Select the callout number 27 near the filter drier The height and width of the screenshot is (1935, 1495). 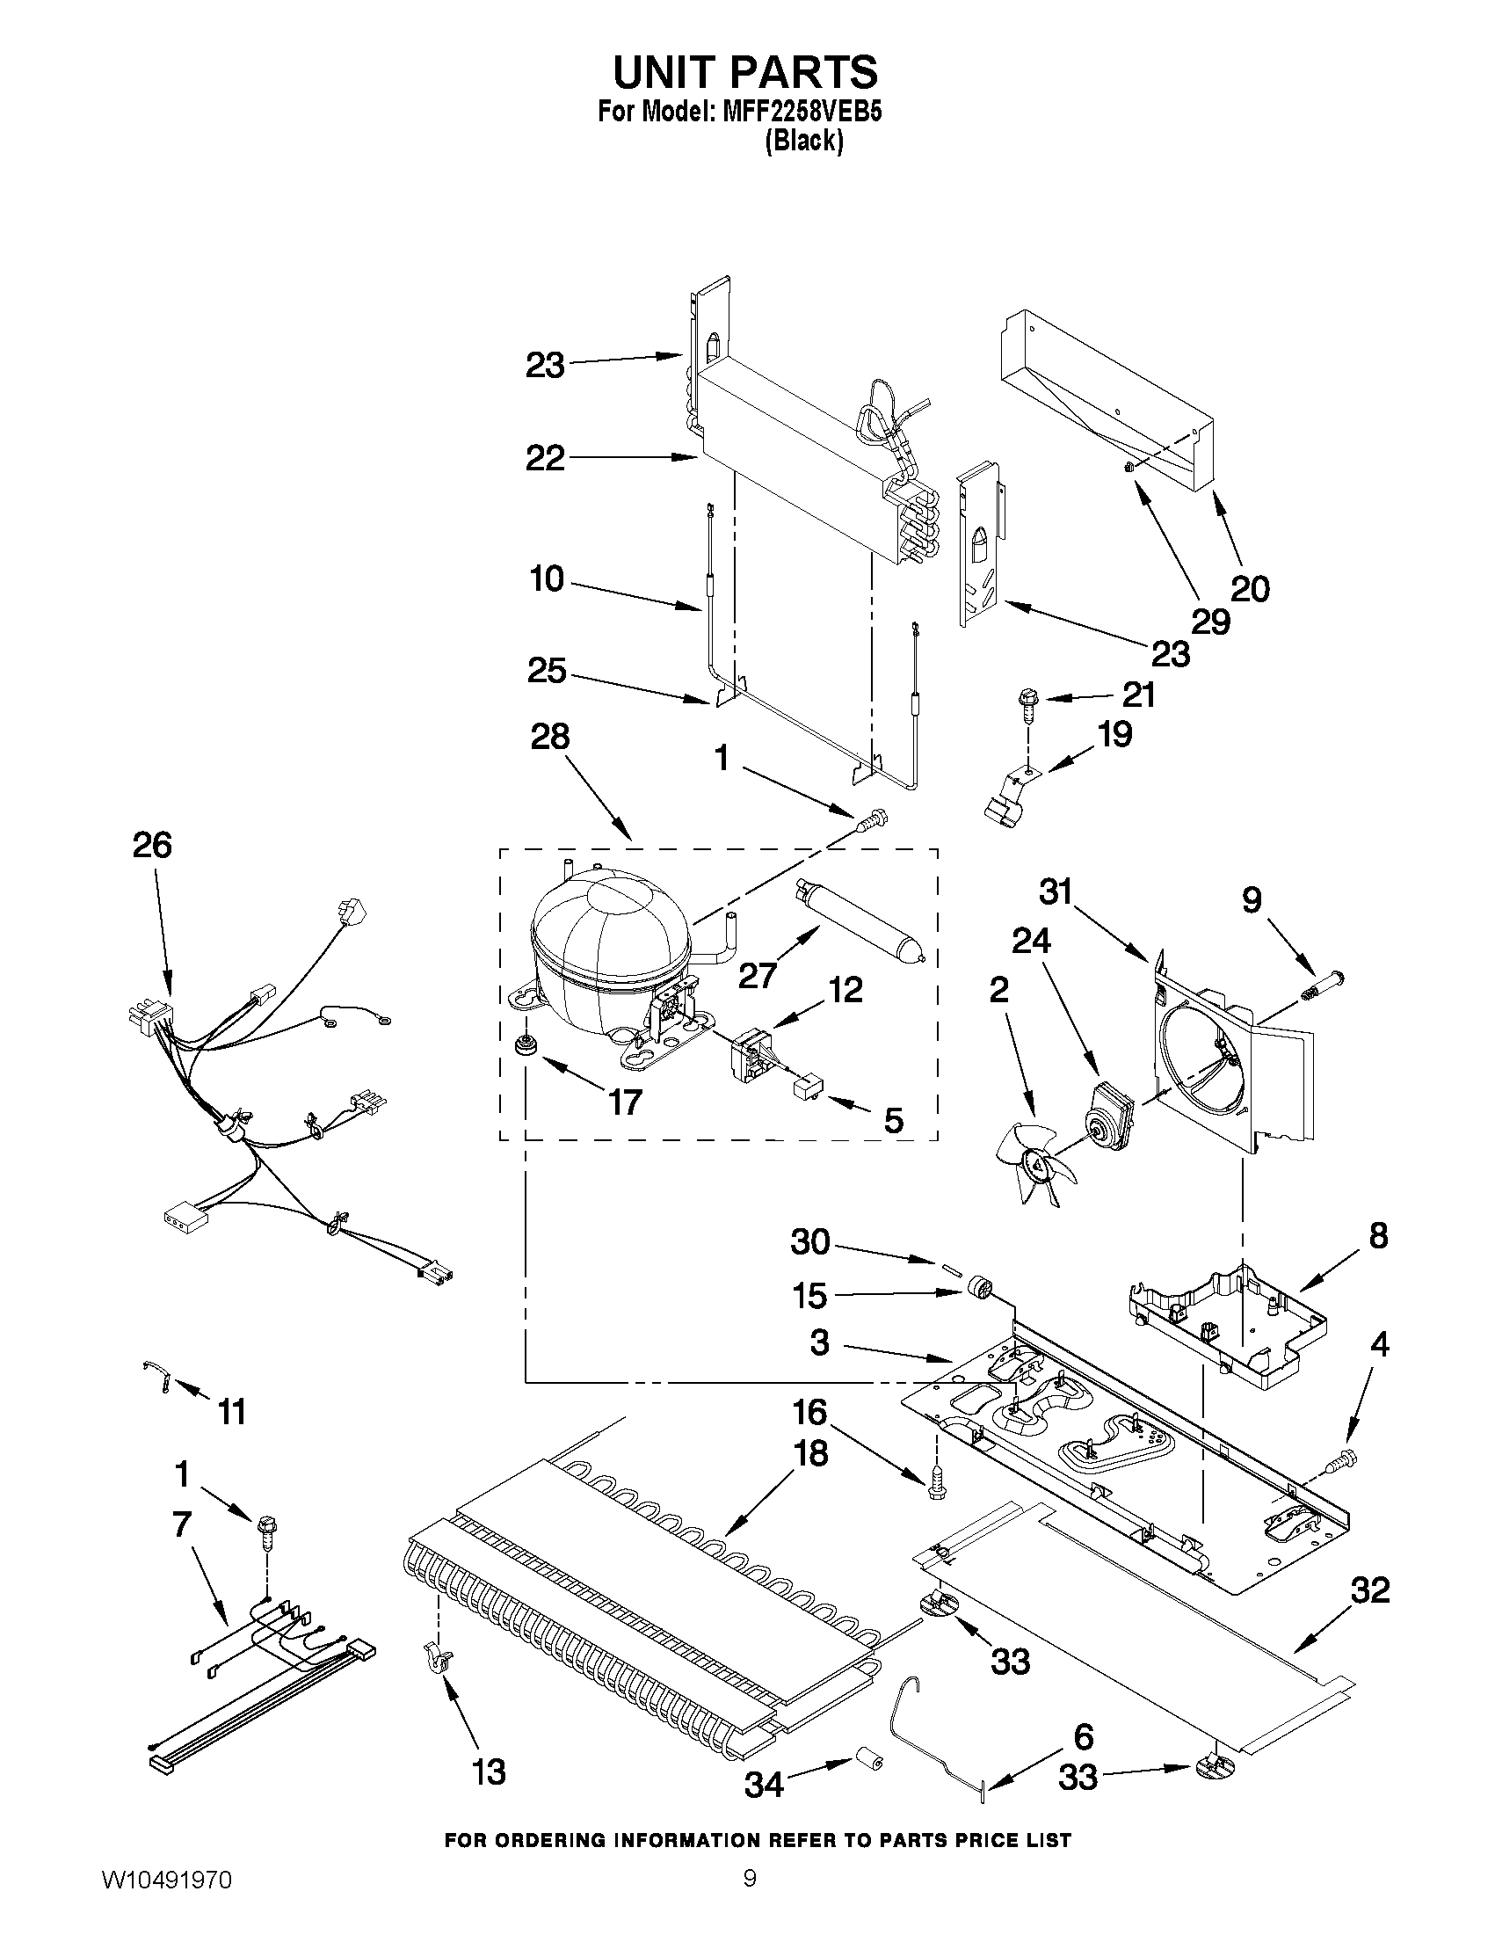(x=758, y=975)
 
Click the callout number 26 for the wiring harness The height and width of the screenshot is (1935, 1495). (x=151, y=845)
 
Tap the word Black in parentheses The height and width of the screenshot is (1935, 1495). (x=803, y=141)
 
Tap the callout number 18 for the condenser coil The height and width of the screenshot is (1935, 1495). (x=810, y=1453)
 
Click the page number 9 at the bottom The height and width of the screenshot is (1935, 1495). (x=750, y=1897)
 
